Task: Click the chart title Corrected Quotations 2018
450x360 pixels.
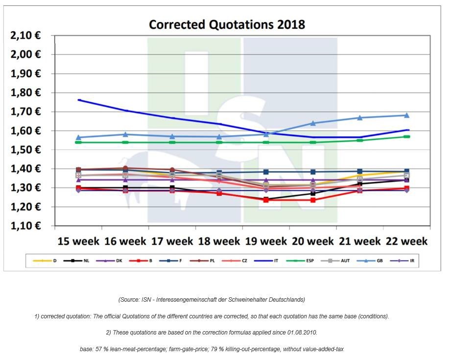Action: click(x=227, y=24)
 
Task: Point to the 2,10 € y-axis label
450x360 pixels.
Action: click(x=25, y=36)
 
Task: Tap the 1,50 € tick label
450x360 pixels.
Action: click(x=25, y=150)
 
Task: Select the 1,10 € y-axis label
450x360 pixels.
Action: click(x=25, y=226)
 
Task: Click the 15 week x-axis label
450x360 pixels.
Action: click(x=78, y=241)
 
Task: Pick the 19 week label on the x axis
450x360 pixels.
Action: click(x=266, y=241)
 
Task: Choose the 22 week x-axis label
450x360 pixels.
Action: click(x=406, y=241)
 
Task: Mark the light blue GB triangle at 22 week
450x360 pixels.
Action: click(x=406, y=116)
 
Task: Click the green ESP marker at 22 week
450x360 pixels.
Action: click(x=406, y=137)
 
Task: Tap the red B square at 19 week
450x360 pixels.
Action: click(x=266, y=200)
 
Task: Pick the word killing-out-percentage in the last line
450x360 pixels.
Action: click(x=260, y=349)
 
